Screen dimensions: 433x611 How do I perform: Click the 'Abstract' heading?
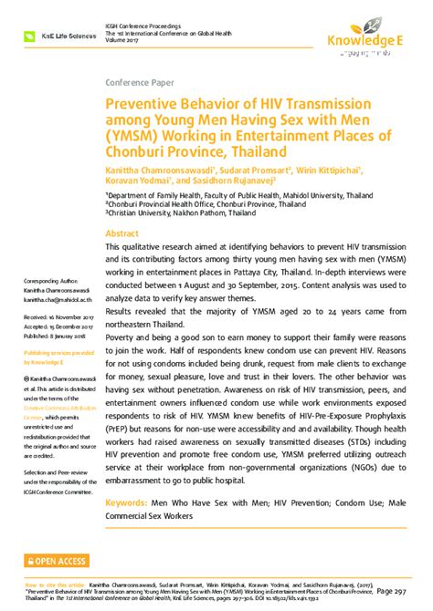point(123,233)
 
